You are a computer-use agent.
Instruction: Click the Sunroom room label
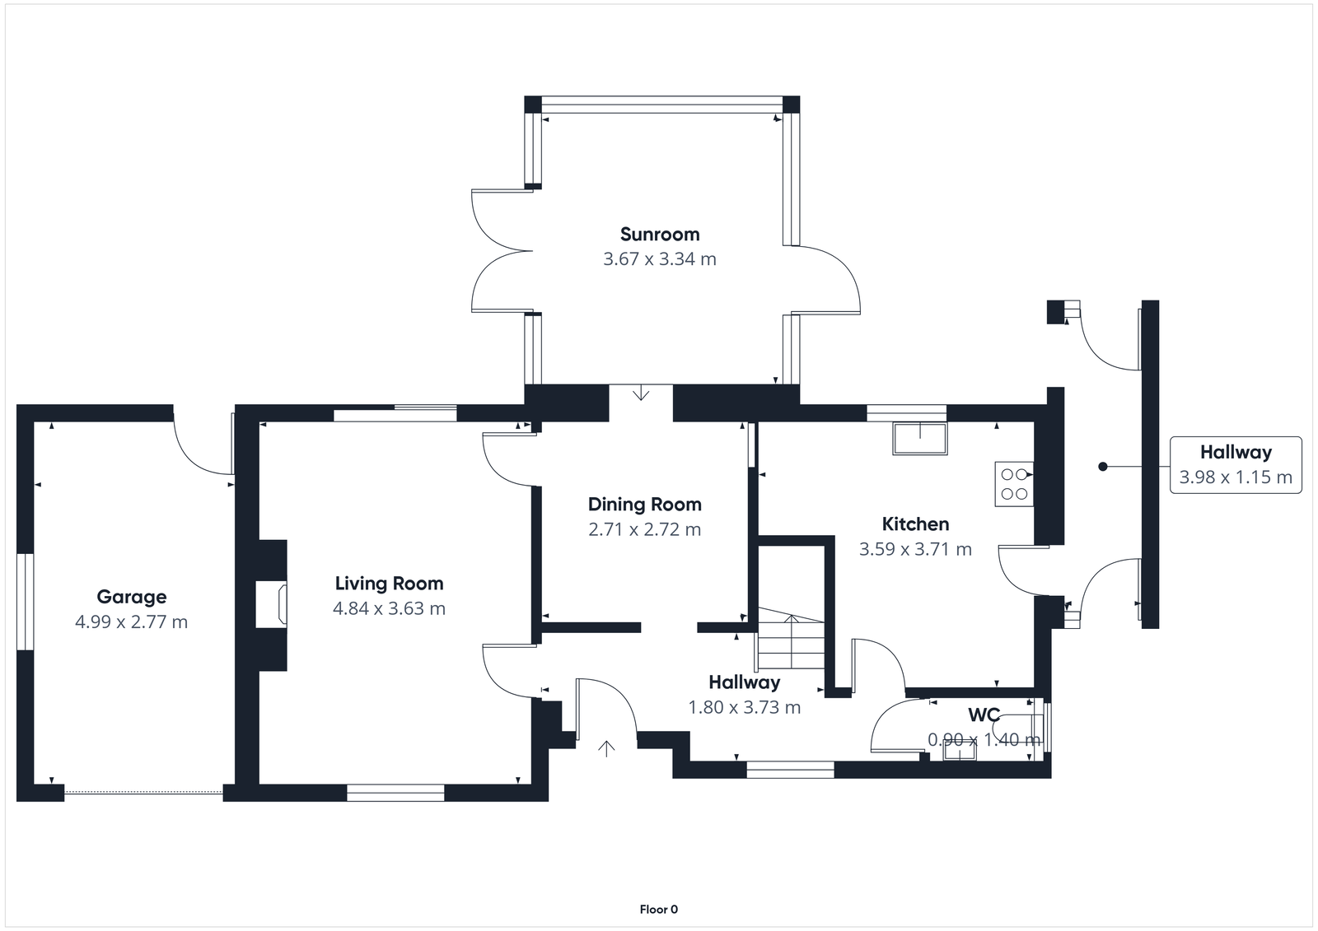(660, 235)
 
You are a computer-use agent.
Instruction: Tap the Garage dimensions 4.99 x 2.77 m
(131, 622)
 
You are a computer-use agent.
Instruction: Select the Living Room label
(389, 584)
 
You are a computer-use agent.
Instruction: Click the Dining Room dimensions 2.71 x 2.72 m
(644, 529)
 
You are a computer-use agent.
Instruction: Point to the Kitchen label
(915, 524)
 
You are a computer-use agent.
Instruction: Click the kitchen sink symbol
(920, 438)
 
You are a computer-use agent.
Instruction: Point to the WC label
(984, 714)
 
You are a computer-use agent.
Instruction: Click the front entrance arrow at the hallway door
(607, 748)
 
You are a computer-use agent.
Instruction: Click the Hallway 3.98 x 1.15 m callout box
(1235, 465)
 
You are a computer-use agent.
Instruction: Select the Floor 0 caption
(659, 910)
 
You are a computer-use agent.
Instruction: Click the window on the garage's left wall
(26, 602)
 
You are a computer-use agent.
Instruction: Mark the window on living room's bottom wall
(395, 793)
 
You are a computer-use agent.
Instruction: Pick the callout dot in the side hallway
(1103, 467)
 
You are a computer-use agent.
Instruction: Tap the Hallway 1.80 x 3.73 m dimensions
(744, 707)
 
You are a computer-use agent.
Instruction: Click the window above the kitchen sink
(906, 412)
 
